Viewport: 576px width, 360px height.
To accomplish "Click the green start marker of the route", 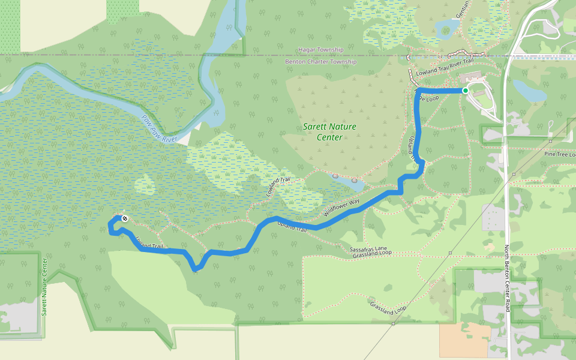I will (465, 91).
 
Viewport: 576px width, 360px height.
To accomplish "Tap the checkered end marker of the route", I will (124, 218).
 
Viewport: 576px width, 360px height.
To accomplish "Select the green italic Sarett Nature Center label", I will (329, 131).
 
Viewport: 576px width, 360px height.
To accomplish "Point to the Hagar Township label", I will (320, 50).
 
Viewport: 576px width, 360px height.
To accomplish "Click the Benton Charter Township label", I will (320, 62).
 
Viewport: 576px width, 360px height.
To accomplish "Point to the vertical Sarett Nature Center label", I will (44, 286).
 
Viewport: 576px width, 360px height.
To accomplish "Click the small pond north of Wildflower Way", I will (344, 180).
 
